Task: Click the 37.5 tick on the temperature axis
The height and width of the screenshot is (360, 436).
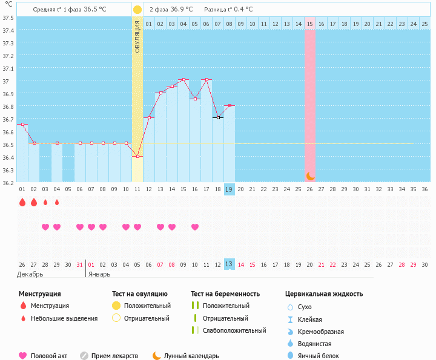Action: click(8, 18)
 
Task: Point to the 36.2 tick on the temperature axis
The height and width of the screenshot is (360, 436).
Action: click(8, 182)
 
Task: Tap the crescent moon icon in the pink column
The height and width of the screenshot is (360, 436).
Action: click(310, 175)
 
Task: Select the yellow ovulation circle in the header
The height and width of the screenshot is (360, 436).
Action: click(137, 10)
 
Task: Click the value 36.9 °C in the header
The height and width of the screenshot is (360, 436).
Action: click(181, 10)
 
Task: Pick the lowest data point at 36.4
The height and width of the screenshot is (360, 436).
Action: click(137, 157)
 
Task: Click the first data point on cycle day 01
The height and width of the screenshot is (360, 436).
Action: click(22, 124)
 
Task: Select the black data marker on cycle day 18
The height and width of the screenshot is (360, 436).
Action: click(218, 117)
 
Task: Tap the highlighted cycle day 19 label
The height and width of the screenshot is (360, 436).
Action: click(229, 189)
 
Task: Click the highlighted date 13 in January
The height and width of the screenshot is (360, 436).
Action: click(229, 264)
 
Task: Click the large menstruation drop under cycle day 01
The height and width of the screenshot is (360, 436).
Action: click(22, 203)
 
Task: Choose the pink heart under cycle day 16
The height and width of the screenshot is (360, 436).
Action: click(195, 227)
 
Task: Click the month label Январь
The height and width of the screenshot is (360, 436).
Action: click(99, 274)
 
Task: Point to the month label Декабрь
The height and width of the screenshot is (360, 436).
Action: click(30, 274)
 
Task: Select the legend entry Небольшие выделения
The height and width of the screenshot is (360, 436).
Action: click(64, 318)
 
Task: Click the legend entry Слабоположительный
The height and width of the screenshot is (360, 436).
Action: click(234, 330)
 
